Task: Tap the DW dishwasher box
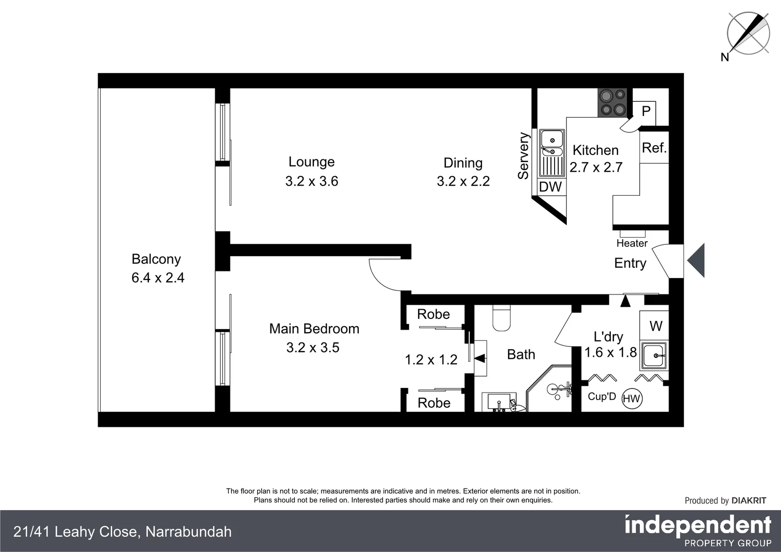pos(550,187)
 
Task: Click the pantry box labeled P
pos(646,111)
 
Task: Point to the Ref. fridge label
pos(654,148)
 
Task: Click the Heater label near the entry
pos(632,243)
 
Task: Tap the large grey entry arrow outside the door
pos(697,261)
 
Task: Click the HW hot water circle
pos(632,399)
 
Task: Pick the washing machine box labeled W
pos(655,326)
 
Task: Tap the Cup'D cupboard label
pos(602,397)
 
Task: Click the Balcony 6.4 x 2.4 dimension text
pos(158,278)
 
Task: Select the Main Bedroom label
pos(314,329)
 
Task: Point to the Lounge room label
pos(311,162)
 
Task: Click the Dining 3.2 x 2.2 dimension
pos(463,181)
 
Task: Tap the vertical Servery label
pos(523,156)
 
